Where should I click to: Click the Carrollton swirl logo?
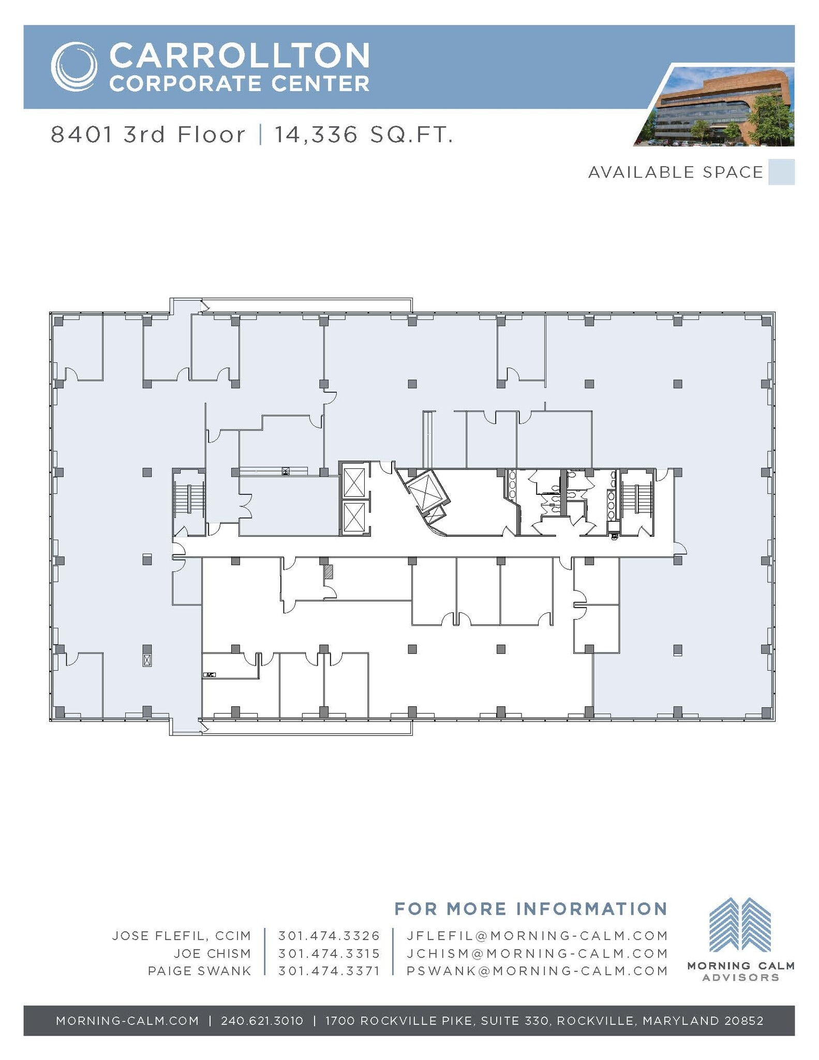[74, 67]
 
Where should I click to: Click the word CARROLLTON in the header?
[240, 55]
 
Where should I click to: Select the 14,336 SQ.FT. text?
[364, 135]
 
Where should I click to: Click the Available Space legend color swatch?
[781, 172]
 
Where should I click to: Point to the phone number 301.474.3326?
[329, 936]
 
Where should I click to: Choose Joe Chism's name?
[212, 953]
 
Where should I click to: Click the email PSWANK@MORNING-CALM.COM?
[537, 971]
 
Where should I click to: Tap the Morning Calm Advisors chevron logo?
[740, 925]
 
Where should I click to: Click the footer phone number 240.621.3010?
[262, 1021]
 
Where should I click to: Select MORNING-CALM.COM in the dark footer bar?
[127, 1021]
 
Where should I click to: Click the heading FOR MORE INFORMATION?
[531, 909]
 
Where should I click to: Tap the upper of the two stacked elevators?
[354, 480]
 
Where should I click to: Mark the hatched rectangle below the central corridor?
[329, 571]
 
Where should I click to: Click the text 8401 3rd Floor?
[148, 135]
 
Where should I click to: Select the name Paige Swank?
[200, 971]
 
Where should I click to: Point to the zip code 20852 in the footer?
[744, 1021]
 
